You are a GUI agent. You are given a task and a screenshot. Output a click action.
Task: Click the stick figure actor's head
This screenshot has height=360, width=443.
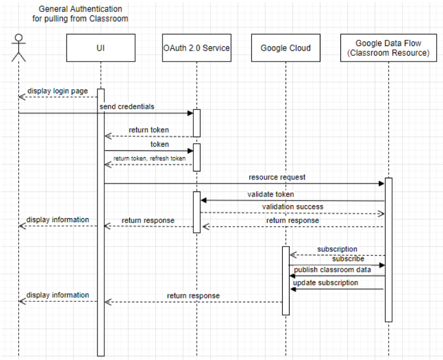(19, 38)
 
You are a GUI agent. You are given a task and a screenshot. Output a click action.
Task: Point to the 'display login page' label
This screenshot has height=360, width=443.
(58, 91)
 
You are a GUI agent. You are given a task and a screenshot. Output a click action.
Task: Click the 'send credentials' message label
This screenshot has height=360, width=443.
(127, 107)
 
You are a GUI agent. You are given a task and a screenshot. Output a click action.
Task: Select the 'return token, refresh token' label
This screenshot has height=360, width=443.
(149, 158)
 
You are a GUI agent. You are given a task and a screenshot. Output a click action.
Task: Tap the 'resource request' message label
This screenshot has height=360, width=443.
(277, 177)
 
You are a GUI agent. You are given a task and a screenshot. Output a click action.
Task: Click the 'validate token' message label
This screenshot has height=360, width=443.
(271, 194)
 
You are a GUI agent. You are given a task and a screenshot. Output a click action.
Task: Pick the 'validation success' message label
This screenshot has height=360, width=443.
(292, 207)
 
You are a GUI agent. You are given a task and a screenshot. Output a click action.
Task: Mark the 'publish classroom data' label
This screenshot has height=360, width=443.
(332, 269)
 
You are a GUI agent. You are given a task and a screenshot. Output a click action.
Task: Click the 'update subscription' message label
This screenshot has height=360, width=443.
(326, 283)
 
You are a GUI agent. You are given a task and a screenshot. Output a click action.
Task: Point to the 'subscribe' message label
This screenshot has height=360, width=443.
(348, 259)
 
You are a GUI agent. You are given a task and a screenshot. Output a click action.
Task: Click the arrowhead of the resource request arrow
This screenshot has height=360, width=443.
(381, 183)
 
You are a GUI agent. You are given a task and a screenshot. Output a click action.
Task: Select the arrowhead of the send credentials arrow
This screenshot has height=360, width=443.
(190, 113)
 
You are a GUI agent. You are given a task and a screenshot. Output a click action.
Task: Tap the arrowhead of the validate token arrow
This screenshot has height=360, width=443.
(204, 200)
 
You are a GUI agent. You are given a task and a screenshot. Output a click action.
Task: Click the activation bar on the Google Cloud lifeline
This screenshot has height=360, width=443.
(286, 281)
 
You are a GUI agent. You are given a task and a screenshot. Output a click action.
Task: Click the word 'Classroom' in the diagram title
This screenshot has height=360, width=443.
(109, 19)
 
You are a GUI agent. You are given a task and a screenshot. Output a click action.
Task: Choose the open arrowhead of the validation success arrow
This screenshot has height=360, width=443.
(381, 214)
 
